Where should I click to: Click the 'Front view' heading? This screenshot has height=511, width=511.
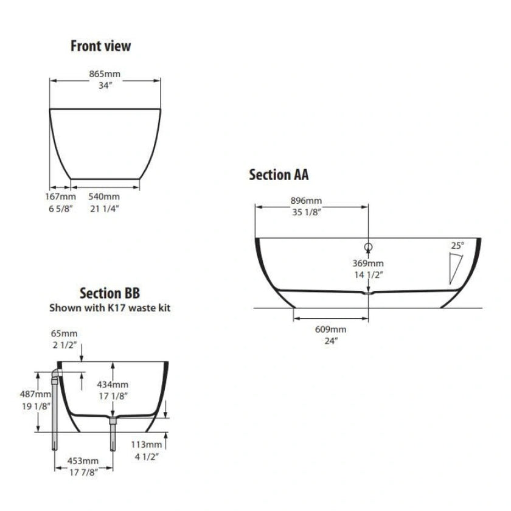tap(100, 46)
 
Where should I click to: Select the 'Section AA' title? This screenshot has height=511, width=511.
tap(279, 175)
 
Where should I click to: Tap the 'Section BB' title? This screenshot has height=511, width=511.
tap(109, 294)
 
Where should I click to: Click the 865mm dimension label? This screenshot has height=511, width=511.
tap(105, 74)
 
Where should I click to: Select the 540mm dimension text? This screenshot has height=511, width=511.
tap(105, 196)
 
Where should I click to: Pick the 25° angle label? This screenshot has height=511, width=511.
tap(457, 245)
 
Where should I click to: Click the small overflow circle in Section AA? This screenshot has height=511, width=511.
tap(368, 246)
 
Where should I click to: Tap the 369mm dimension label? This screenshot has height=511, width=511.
tap(368, 263)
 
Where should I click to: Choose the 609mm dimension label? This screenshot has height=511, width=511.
tap(331, 329)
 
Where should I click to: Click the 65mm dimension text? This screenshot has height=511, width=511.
tap(61, 334)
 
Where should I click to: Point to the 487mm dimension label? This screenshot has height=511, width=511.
tap(31, 394)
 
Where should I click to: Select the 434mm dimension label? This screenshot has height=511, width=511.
tap(113, 384)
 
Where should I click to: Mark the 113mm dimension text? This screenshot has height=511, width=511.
tap(150, 443)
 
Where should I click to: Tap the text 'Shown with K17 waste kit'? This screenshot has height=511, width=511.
tap(109, 308)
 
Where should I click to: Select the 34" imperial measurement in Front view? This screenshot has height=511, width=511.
tap(105, 86)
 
